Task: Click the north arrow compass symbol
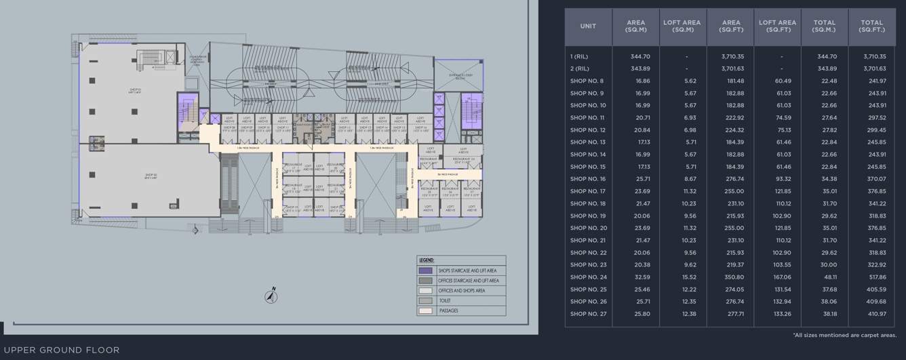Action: click(x=270, y=296)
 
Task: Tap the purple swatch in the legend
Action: click(x=425, y=271)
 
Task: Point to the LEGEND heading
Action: click(x=426, y=260)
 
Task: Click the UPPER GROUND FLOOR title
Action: click(x=61, y=351)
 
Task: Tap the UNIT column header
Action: click(x=588, y=26)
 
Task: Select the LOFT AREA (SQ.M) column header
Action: click(x=682, y=26)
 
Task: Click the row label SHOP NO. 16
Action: click(x=588, y=179)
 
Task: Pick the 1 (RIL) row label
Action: click(x=580, y=57)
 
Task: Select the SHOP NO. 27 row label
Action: click(x=588, y=314)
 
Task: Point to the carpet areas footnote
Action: click(x=844, y=335)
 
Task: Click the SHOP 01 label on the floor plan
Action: click(x=136, y=89)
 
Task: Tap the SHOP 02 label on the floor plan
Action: click(x=151, y=176)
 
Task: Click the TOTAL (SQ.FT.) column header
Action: click(x=872, y=26)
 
